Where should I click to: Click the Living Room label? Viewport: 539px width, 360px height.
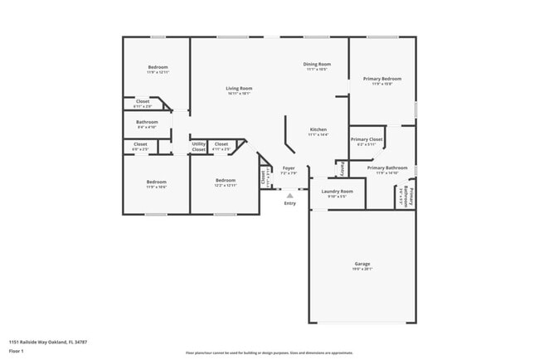(x=239, y=88)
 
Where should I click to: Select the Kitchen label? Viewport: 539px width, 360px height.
(x=318, y=129)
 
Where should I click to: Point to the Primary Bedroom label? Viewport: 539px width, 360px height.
(x=382, y=79)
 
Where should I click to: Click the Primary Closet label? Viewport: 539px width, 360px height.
(x=366, y=139)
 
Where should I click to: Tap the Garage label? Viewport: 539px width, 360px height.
(x=362, y=264)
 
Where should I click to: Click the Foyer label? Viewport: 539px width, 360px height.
(x=289, y=168)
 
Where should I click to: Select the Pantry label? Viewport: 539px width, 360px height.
(x=341, y=168)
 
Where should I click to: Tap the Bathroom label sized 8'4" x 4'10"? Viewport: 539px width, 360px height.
(x=147, y=122)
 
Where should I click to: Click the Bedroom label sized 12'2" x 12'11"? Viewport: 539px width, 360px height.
(x=226, y=181)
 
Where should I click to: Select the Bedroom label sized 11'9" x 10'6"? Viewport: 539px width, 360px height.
(x=157, y=182)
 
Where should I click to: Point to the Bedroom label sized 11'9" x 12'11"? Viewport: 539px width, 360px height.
(x=158, y=67)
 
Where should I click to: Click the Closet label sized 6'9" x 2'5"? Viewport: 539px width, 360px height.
(x=140, y=144)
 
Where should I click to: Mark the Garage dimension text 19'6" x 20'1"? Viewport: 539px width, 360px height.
(x=362, y=270)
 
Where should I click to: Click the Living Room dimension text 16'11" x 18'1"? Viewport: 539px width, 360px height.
(x=239, y=94)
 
